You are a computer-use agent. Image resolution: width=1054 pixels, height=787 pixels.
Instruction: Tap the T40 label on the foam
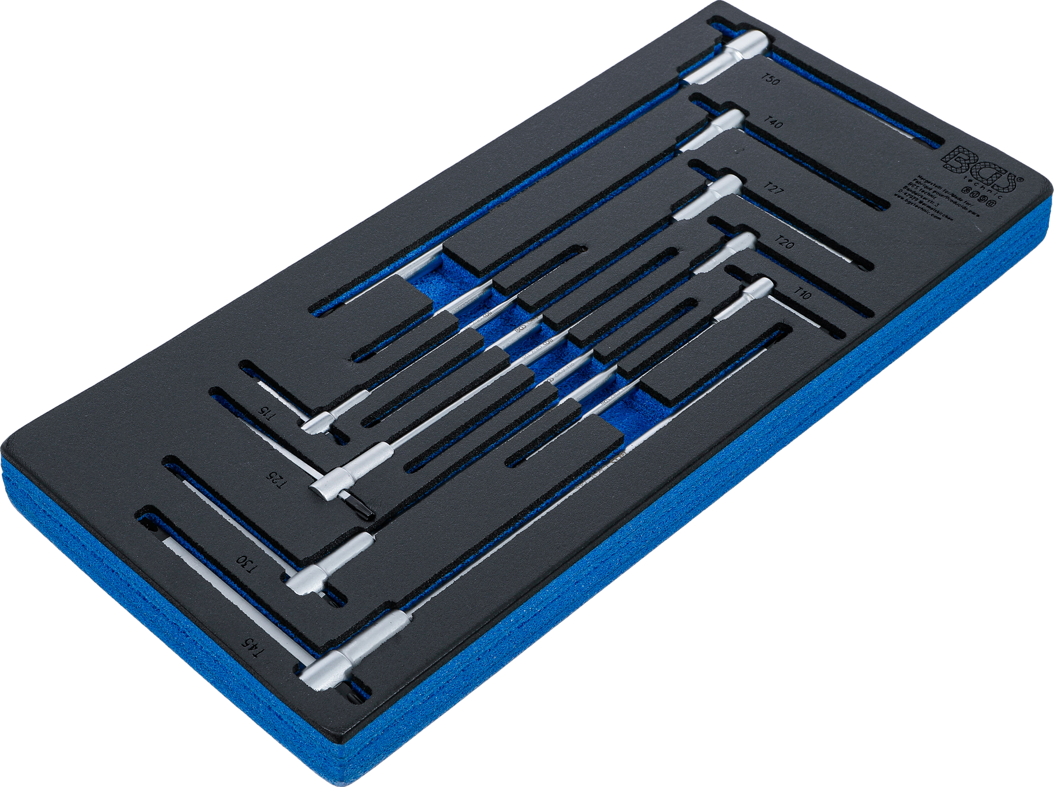click(772, 123)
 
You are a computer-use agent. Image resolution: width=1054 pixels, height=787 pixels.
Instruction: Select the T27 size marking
click(774, 188)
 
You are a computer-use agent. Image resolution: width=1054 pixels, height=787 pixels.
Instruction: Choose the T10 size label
click(802, 293)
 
